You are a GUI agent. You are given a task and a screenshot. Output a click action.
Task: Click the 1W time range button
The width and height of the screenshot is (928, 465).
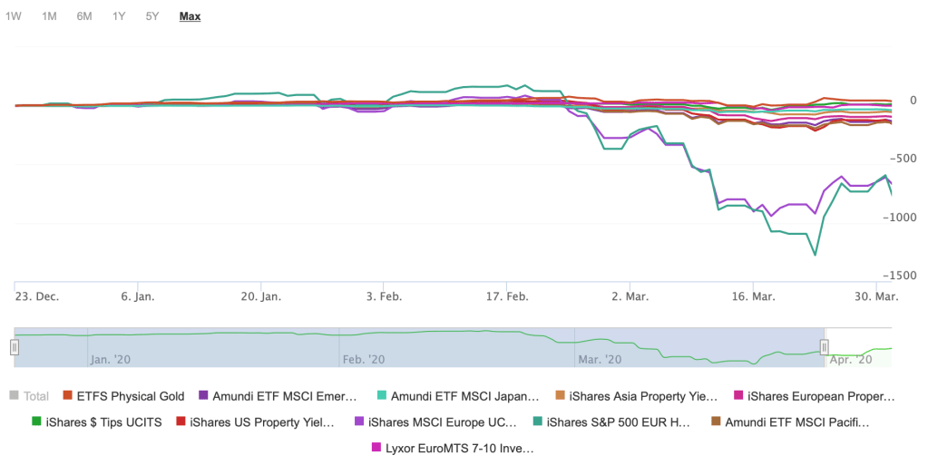coord(14,16)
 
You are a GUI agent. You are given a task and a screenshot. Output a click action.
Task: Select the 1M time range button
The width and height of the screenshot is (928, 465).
coord(49,16)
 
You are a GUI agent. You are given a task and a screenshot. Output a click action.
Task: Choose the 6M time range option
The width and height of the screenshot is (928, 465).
coord(84,16)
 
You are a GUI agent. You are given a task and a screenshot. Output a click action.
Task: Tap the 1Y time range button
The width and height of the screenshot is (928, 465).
coord(119,16)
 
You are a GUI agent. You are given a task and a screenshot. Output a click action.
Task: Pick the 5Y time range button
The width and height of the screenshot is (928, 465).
coord(152,16)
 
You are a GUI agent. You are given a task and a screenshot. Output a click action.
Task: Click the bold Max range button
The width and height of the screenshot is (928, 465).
coord(190,16)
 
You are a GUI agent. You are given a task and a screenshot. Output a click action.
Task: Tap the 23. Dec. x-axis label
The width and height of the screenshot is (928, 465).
coord(37,296)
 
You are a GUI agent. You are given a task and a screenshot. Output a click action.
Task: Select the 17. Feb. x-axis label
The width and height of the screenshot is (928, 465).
coord(506,296)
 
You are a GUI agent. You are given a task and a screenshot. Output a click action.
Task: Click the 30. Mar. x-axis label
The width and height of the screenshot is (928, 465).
coord(874,296)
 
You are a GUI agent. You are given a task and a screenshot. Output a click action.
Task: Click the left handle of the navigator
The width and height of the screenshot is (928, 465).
coord(15,346)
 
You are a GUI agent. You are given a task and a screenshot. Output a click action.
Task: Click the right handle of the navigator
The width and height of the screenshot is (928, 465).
coord(825,346)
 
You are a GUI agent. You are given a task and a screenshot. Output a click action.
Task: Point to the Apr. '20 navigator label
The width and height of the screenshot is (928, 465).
coord(850,360)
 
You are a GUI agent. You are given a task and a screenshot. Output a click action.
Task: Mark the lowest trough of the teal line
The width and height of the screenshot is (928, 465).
coord(815,255)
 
